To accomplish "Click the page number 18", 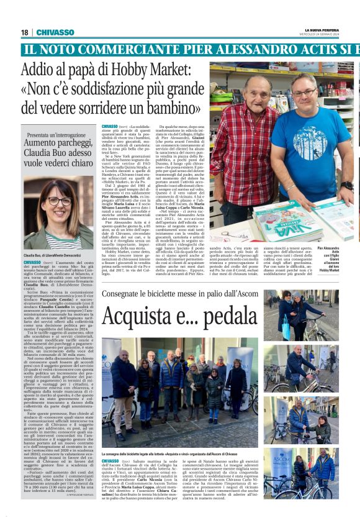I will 25,32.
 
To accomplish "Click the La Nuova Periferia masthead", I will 322,30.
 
